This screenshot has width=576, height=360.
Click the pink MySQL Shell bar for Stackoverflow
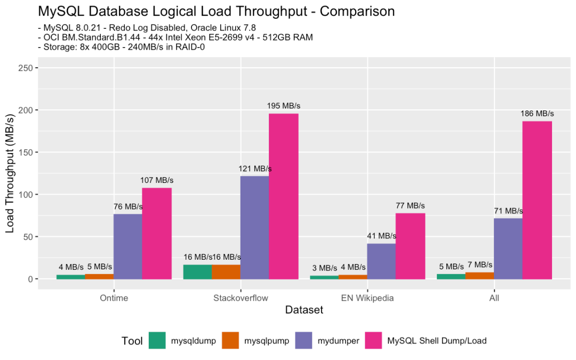tap(283, 196)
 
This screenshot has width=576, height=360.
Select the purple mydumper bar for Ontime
tap(127, 246)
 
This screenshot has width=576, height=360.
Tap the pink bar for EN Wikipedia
tap(410, 246)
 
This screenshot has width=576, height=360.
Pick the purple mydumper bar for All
tap(508, 249)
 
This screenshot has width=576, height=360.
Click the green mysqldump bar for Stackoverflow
tap(197, 272)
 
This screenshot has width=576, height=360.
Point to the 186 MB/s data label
tap(537, 114)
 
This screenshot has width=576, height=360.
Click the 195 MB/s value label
tap(283, 106)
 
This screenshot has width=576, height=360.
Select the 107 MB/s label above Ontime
tap(157, 180)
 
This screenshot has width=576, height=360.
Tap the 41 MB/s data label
tap(381, 236)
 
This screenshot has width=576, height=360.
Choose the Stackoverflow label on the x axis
tap(241, 298)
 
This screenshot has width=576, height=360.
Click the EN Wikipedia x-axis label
tap(367, 298)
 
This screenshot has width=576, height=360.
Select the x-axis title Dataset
tap(304, 310)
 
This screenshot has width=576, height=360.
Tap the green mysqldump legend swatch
tap(158, 340)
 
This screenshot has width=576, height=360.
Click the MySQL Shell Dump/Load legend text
tap(437, 340)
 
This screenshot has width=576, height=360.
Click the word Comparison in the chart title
tap(357, 11)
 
